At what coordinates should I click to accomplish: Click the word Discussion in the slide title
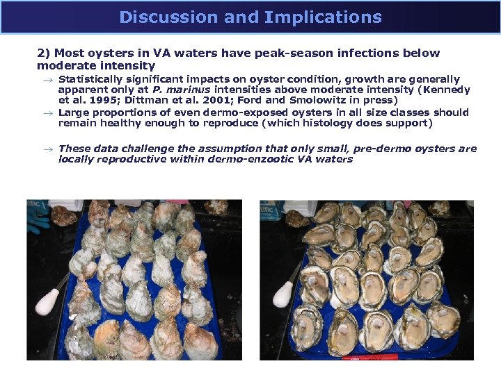click(x=159, y=17)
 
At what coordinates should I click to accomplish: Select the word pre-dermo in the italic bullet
click(x=399, y=149)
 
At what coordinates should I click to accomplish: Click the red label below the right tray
click(x=379, y=357)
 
